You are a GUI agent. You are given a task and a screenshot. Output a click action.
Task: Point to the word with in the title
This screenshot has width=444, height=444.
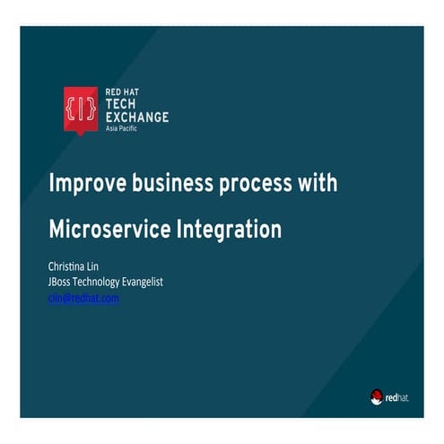tap(319, 184)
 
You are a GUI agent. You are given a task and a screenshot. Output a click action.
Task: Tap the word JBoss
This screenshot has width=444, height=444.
tap(62, 283)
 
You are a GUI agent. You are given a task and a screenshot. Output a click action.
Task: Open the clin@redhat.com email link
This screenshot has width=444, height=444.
tap(83, 299)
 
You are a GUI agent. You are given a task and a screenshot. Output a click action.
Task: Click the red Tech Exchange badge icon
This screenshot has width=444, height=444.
tap(80, 109)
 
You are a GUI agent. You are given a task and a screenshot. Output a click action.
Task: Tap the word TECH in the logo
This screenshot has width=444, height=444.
tap(121, 104)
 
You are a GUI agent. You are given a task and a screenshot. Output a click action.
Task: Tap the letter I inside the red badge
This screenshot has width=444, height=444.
tap(80, 107)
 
